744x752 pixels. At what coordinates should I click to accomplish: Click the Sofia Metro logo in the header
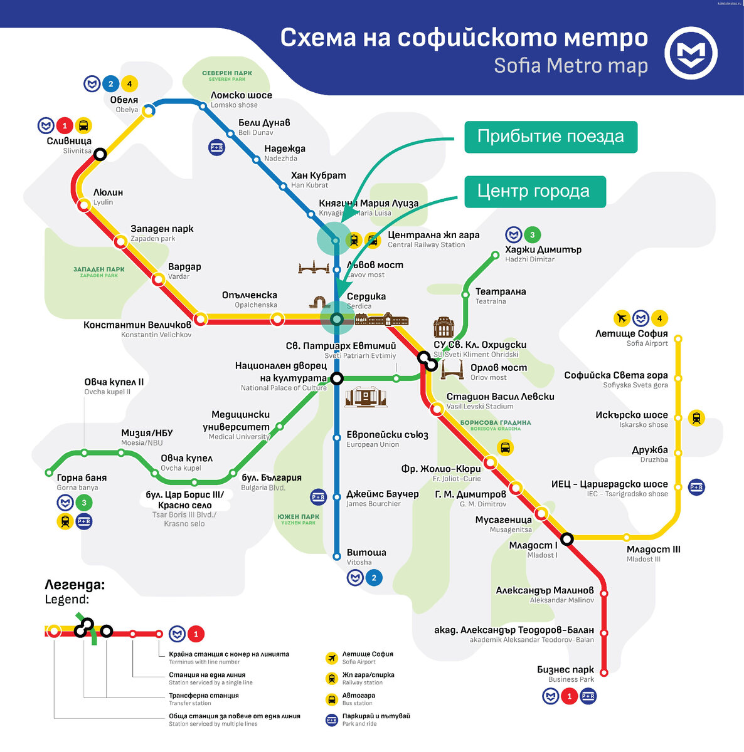coord(691,53)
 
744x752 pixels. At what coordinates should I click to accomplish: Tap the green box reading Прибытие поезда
coord(550,137)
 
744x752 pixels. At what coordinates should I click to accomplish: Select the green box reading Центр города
coord(534,191)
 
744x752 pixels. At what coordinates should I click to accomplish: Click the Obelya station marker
coord(149,111)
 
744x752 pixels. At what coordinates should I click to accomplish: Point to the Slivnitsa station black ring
coord(100,154)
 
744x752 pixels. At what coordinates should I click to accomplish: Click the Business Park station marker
coord(604,672)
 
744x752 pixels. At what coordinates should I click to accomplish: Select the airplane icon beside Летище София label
coord(621,318)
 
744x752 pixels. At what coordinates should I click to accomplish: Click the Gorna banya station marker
coord(49,473)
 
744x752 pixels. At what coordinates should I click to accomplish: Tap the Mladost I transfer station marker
coord(567,538)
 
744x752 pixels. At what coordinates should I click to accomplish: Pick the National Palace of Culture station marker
coord(337,379)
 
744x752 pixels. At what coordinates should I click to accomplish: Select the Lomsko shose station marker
coord(203,106)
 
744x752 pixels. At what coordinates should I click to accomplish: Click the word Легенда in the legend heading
coord(74,585)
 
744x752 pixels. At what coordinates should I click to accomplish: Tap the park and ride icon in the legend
coord(332,720)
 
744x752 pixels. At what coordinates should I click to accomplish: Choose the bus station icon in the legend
coord(332,699)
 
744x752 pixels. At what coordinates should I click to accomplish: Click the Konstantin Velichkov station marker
coord(200,319)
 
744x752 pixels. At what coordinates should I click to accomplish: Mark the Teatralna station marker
coord(465,294)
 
